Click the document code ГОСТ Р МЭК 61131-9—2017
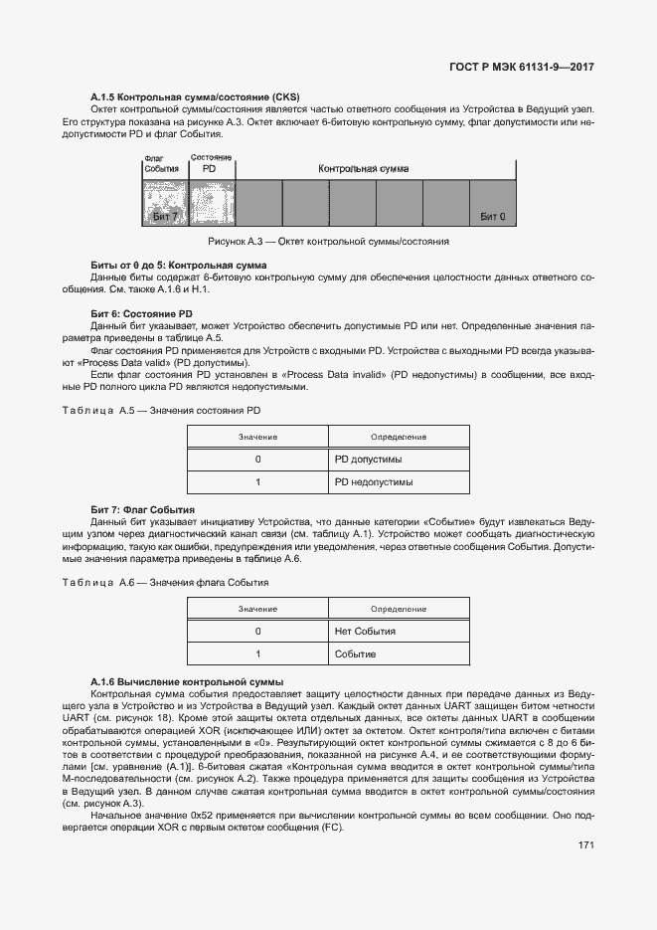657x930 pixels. (522, 68)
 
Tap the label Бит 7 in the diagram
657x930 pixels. (165, 216)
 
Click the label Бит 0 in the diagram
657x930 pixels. (492, 216)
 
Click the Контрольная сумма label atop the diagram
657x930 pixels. (363, 169)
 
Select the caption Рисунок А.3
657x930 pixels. (328, 242)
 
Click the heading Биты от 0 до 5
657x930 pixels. (178, 266)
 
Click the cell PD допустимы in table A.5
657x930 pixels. (368, 460)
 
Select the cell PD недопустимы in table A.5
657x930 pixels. (373, 482)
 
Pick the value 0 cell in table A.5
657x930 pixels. (257, 460)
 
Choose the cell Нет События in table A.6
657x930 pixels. (365, 632)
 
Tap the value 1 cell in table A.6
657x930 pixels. (257, 654)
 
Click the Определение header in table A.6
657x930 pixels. (399, 609)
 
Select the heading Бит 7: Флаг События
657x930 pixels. (143, 509)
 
